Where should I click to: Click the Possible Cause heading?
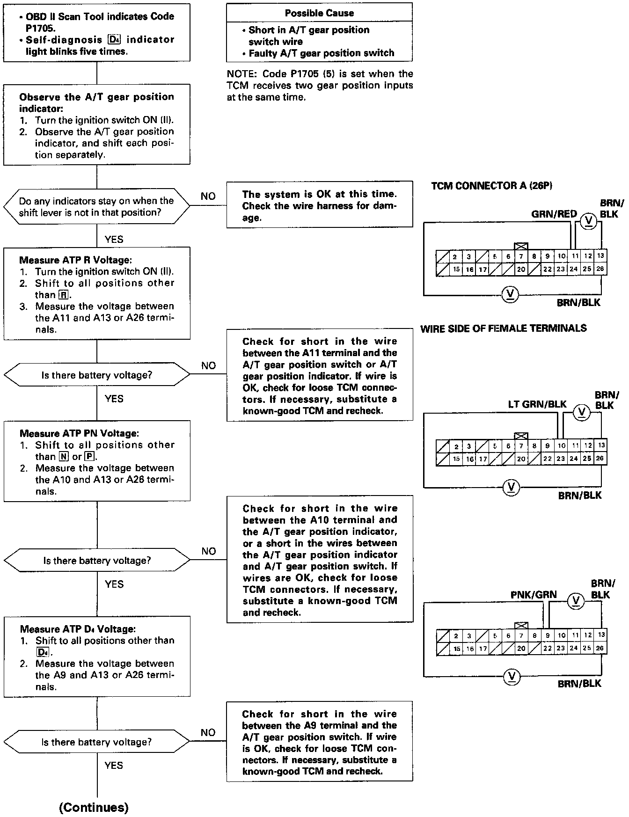pos(319,13)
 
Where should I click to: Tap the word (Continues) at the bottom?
pos(94,807)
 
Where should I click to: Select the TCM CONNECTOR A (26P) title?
pos(491,186)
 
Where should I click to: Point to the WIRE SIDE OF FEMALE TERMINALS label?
pos(503,328)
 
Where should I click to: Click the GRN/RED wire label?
pos(554,214)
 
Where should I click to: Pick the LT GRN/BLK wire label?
pos(537,404)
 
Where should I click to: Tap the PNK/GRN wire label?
pos(534,594)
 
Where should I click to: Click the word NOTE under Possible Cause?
pos(242,74)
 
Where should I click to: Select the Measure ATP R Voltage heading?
pos(75,260)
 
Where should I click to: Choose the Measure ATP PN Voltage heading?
pos(79,433)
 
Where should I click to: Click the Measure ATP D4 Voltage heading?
pos(78,629)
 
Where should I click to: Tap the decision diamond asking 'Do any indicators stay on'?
pos(96,206)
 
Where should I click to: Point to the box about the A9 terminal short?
pos(319,742)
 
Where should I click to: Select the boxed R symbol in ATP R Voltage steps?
pos(63,295)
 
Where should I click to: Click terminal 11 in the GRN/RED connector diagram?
pos(575,256)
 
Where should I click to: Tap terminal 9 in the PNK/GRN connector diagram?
pos(547,635)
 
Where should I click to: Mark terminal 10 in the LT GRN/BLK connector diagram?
pos(562,446)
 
